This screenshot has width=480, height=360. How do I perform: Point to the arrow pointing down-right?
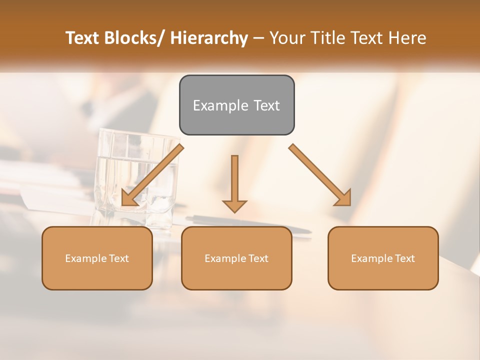(x=320, y=175)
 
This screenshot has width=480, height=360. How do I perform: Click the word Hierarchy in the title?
(x=208, y=38)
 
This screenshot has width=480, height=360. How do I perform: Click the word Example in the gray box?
(x=220, y=106)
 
